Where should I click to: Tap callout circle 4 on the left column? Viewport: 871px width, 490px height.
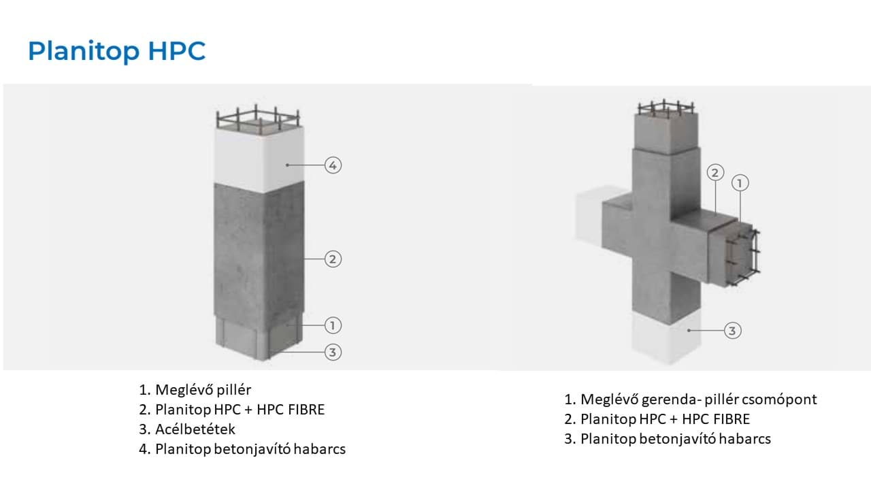click(332, 165)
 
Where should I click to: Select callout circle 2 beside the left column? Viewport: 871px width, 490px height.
click(332, 259)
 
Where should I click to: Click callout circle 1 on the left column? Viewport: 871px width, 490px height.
click(332, 326)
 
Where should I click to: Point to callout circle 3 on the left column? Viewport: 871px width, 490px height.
click(332, 352)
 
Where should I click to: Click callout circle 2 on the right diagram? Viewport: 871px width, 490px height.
click(714, 172)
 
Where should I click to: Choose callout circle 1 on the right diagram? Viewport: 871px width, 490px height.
click(740, 182)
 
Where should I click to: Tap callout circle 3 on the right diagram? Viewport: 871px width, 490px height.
click(732, 331)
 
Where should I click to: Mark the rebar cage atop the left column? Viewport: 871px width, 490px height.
click(257, 118)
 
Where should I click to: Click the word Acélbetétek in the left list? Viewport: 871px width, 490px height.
click(195, 429)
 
